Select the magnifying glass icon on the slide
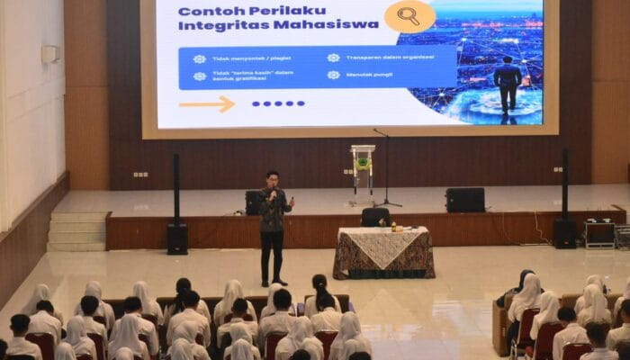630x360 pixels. (409, 15)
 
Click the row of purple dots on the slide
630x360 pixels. (278, 103)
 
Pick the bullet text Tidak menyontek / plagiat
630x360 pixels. (243, 58)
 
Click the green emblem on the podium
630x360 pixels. (364, 164)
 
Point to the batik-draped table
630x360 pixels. (383, 251)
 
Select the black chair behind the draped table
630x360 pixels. (375, 217)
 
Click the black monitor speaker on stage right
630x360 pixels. (464, 200)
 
